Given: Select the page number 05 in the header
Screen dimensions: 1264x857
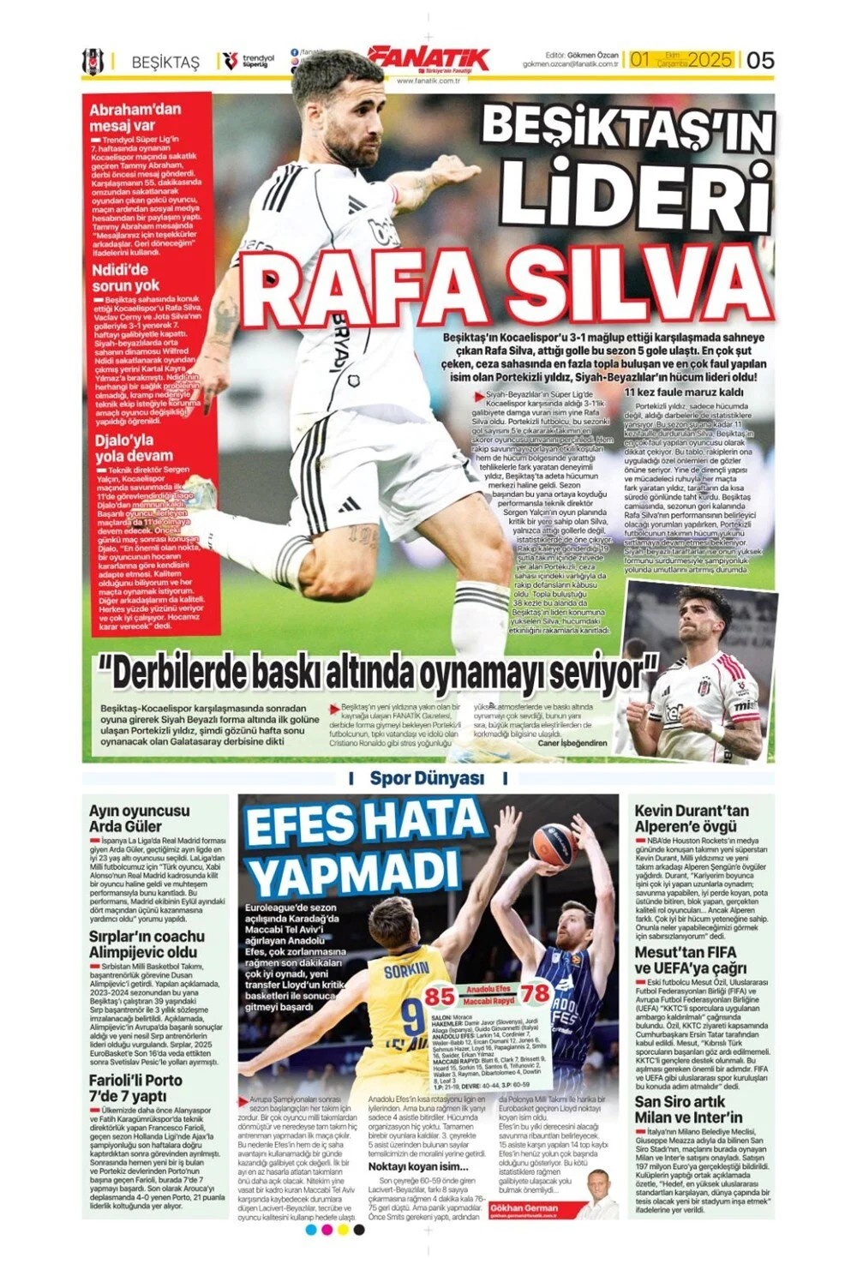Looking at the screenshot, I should [760, 60].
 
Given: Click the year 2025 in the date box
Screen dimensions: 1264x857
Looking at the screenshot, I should [710, 60].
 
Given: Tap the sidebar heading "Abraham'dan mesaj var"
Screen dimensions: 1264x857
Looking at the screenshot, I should [135, 117].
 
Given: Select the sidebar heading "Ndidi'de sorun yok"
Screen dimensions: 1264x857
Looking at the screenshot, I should [125, 278].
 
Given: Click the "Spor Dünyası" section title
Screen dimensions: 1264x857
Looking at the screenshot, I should [427, 778].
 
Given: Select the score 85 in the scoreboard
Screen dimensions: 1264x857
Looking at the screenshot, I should [440, 997].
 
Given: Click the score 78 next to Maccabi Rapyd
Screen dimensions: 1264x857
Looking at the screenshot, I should [536, 992].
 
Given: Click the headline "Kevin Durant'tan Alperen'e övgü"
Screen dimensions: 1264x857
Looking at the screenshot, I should [692, 818].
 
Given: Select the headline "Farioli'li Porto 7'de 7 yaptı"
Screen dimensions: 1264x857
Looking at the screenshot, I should [135, 1088].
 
